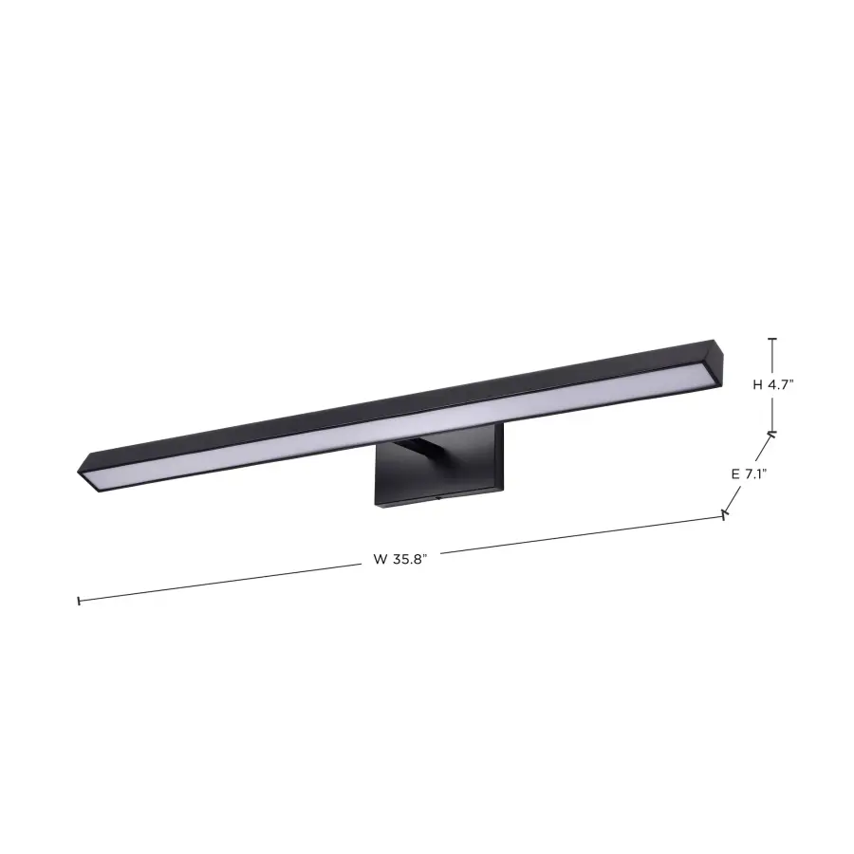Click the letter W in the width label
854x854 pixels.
click(x=379, y=559)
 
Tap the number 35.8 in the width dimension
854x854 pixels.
click(x=408, y=559)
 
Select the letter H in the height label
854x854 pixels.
click(x=758, y=385)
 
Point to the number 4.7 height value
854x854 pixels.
click(x=781, y=385)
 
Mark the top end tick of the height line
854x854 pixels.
click(x=772, y=339)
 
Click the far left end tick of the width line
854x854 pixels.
click(x=78, y=601)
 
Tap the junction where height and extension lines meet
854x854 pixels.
click(x=772, y=434)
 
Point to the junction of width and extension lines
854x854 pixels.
click(x=725, y=514)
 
